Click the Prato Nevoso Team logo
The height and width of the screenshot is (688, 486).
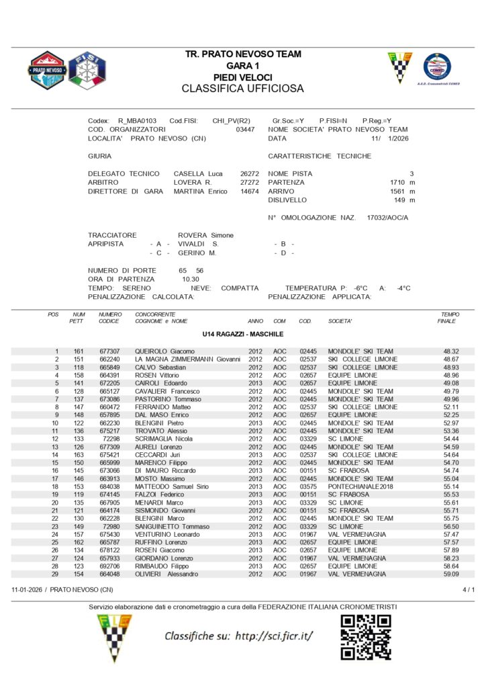pyautogui.click(x=47, y=70)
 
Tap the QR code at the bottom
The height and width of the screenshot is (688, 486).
pyautogui.click(x=365, y=636)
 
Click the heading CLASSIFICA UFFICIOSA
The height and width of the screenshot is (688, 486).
pyautogui.click(x=242, y=89)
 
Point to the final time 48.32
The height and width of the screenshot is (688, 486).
pyautogui.click(x=450, y=351)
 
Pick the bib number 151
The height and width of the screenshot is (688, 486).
pyautogui.click(x=79, y=359)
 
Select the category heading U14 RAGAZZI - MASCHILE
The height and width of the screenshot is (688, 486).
pyautogui.click(x=243, y=334)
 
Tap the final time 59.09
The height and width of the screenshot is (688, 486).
pyautogui.click(x=450, y=574)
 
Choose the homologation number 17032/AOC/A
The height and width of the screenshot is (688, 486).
pyautogui.click(x=387, y=218)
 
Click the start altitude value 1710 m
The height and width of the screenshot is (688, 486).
pyautogui.click(x=402, y=182)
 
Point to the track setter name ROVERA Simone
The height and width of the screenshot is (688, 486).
pyautogui.click(x=205, y=235)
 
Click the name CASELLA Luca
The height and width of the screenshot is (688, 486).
pyautogui.click(x=198, y=173)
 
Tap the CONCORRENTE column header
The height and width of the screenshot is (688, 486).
pyautogui.click(x=155, y=314)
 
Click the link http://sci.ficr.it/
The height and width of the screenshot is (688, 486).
pyautogui.click(x=272, y=636)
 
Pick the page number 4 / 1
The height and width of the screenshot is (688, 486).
pyautogui.click(x=469, y=590)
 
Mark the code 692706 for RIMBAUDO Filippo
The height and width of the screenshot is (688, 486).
pyautogui.click(x=109, y=566)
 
